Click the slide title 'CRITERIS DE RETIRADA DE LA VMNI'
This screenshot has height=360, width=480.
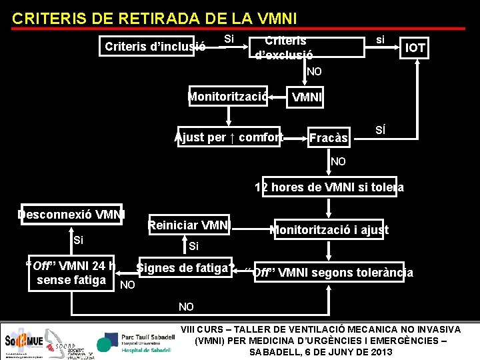155,19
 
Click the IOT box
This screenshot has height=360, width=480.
415,47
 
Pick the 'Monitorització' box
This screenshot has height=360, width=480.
229,97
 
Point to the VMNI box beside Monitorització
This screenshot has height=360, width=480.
307,98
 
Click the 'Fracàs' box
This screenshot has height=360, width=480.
329,138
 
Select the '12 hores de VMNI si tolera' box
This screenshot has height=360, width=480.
329,187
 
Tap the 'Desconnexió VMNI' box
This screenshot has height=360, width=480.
71,215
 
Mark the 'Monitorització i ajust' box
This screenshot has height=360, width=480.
329,231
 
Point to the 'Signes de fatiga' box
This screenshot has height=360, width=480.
184,269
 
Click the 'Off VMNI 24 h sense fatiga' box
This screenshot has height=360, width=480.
72,273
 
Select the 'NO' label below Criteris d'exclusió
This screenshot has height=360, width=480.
314,71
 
